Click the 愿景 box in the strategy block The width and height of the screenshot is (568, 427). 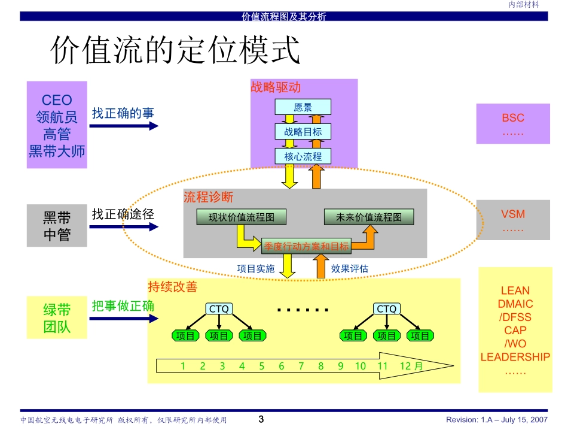click(303, 108)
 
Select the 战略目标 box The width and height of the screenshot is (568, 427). click(303, 132)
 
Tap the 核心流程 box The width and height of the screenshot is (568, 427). click(303, 156)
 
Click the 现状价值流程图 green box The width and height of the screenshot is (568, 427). click(242, 217)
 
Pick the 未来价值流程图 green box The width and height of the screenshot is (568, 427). click(368, 217)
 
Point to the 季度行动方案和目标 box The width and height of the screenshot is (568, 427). click(306, 246)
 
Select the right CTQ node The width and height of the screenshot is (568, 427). click(387, 309)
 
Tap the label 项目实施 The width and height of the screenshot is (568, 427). click(256, 269)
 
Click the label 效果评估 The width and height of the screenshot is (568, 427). click(350, 269)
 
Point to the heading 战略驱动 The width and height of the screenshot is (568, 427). click(276, 87)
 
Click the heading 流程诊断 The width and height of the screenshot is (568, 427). click(209, 197)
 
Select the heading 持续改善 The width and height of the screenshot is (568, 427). click(173, 287)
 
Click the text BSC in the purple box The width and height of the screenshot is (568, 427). click(513, 119)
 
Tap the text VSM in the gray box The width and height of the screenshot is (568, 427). click(513, 214)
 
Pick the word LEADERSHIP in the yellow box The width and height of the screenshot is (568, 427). click(515, 358)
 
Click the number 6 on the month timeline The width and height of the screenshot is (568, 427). click(282, 367)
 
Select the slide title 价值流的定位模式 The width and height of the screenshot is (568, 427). click(175, 51)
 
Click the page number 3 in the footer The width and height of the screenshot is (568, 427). click(261, 419)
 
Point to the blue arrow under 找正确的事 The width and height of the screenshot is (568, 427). click(125, 126)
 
